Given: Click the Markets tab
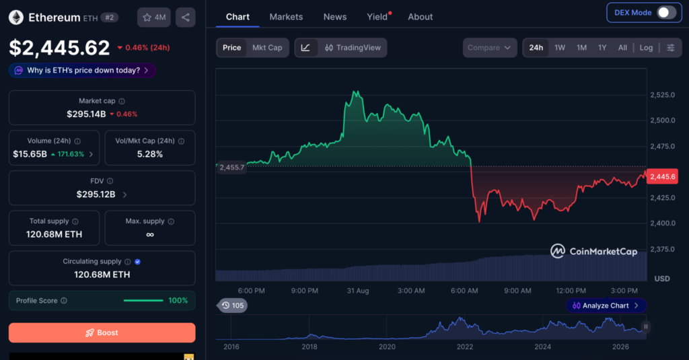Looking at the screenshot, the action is (x=286, y=17).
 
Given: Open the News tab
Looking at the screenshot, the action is (x=335, y=17).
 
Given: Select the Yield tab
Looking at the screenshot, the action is (x=377, y=17).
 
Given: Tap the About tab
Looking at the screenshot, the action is (x=420, y=17).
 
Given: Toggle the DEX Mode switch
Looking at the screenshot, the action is (x=666, y=12).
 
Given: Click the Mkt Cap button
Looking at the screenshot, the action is (x=267, y=48).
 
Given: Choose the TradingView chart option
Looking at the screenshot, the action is (x=353, y=48).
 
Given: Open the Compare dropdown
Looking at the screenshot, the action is (x=490, y=48).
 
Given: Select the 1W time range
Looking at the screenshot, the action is (x=559, y=48).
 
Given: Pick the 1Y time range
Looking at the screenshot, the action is (x=602, y=48).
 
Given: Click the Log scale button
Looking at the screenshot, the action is (x=646, y=48).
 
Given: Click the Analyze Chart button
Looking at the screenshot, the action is (x=606, y=305).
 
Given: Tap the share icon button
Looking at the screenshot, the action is (x=186, y=17).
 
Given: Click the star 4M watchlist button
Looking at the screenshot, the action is (x=154, y=17).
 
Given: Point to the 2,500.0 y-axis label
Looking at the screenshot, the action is (x=663, y=120).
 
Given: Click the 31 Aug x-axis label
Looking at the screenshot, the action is (x=358, y=291).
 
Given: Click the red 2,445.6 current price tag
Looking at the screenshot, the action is (x=662, y=177).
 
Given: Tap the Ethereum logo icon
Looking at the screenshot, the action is (x=16, y=17).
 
